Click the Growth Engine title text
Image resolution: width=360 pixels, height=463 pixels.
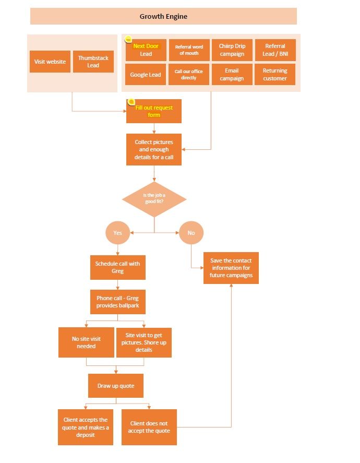[163, 17]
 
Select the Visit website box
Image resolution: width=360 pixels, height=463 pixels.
[50, 62]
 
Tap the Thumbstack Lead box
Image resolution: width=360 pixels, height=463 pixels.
[93, 62]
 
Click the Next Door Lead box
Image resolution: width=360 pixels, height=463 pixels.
[146, 50]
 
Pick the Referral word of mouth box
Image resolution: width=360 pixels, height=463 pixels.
[189, 50]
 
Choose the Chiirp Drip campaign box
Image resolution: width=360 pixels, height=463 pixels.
[232, 50]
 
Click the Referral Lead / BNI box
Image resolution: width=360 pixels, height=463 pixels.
[275, 50]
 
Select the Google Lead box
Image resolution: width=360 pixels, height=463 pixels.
[146, 75]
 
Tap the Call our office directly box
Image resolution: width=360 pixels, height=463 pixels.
[189, 75]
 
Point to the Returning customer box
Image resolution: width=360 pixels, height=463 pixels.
[275, 75]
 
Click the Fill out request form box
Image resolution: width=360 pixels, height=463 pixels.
[154, 111]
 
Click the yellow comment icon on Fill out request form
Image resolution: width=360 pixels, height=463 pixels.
[131, 102]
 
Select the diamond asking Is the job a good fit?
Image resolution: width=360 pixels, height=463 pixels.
[154, 199]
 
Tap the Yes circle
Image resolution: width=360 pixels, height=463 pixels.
[118, 233]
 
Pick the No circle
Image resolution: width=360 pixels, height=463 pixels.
[191, 233]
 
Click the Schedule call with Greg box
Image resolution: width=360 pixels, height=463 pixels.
[118, 267]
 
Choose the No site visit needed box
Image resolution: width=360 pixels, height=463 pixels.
[86, 342]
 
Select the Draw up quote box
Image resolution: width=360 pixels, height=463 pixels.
[116, 386]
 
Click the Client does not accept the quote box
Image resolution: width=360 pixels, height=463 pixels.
[149, 427]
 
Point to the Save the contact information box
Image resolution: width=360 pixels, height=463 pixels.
[231, 268]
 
